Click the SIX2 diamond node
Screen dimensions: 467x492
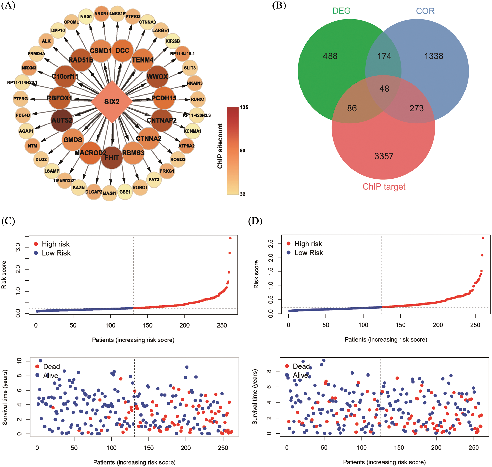click(112, 102)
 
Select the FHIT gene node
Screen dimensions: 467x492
click(112, 158)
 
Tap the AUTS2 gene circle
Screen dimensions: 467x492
click(62, 120)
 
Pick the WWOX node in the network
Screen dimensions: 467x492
click(157, 76)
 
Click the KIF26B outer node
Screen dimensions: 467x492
click(173, 41)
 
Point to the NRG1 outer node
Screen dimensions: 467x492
click(86, 16)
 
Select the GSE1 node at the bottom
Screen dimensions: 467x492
click(125, 192)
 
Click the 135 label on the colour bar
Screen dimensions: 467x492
click(244, 107)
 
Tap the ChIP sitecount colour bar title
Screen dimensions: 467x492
click(220, 146)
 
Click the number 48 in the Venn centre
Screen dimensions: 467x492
click(384, 89)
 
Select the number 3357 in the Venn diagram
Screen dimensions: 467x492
click(384, 156)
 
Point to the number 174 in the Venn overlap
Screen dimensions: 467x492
click(384, 56)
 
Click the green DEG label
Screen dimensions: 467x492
click(341, 11)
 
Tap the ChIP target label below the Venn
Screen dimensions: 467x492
click(384, 186)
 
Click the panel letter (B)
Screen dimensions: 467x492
click(279, 5)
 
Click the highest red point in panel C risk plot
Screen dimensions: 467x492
click(230, 238)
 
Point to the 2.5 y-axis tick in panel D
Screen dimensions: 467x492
click(271, 244)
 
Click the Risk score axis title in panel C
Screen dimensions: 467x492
click(4, 275)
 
